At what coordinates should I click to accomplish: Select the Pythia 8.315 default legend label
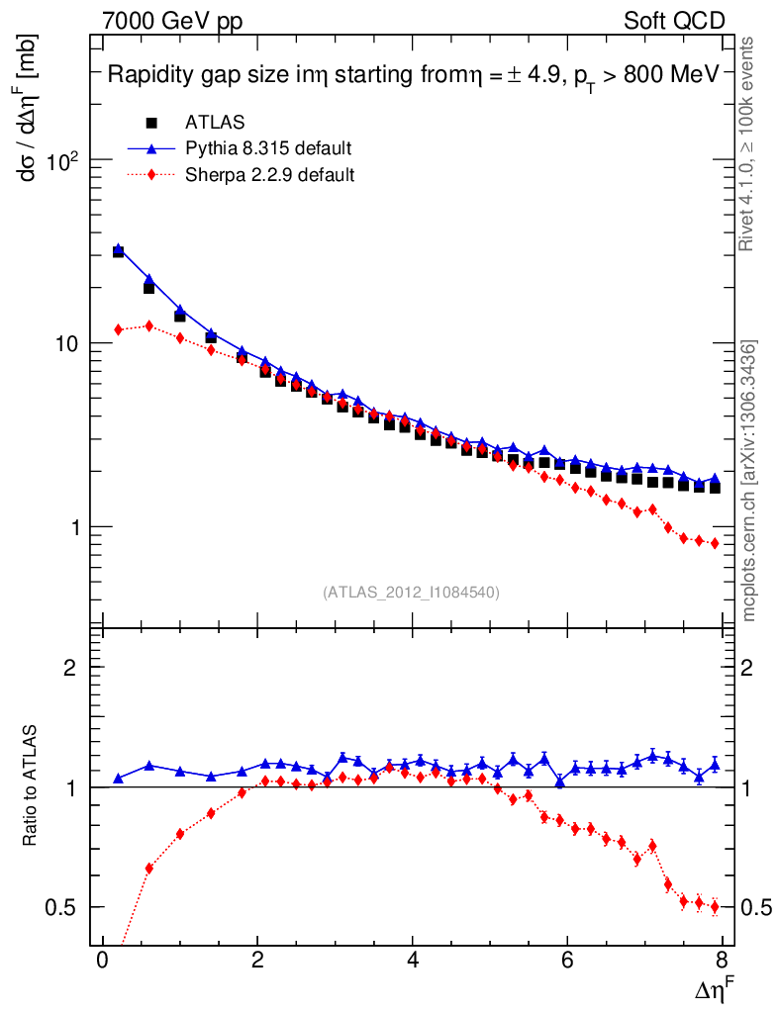tap(268, 148)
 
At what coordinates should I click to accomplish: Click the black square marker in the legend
tap(151, 123)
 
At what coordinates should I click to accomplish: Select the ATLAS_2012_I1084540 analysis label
tap(411, 593)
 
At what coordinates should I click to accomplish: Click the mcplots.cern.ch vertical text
tap(749, 480)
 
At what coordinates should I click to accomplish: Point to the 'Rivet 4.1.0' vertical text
tap(749, 143)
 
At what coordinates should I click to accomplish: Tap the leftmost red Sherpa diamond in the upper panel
tap(118, 329)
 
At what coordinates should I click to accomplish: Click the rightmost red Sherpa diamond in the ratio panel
tap(715, 906)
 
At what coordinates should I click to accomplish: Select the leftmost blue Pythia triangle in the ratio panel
tap(118, 779)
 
